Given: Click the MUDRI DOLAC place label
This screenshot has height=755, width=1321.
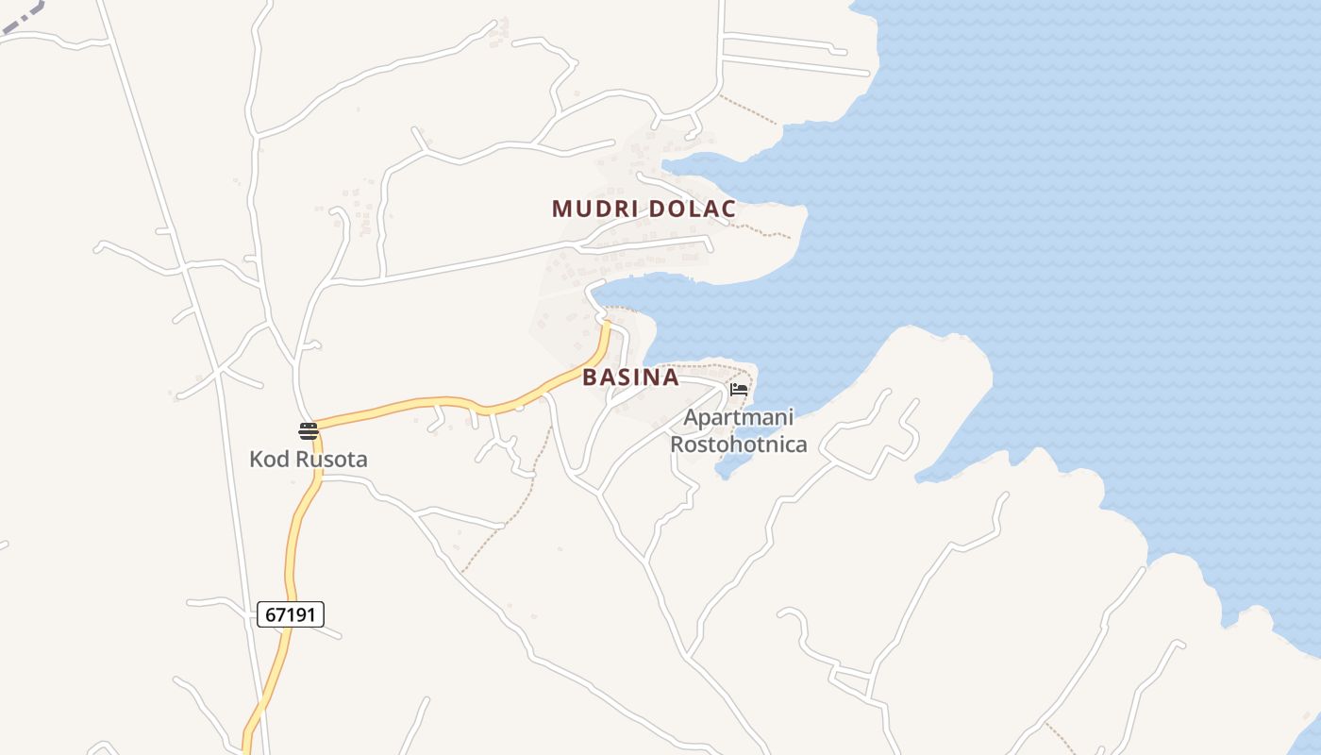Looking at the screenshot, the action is point(644,209).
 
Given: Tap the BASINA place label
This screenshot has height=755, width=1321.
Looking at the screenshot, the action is point(630,377).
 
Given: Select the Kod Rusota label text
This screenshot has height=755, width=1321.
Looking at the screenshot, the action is point(308,460).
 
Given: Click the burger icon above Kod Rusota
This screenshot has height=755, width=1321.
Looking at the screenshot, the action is point(308,431).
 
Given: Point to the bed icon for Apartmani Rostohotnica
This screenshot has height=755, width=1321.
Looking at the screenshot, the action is point(739,389).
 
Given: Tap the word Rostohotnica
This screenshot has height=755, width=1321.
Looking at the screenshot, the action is point(739,444).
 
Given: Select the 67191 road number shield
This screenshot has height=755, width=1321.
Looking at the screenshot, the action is point(291,614).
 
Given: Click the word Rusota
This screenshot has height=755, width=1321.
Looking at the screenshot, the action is point(330,460).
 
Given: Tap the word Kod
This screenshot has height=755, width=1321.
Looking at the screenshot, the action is point(267,460).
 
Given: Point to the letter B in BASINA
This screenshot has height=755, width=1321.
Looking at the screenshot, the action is point(590,377).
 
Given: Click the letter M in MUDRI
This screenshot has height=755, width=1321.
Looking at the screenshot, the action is point(560,209).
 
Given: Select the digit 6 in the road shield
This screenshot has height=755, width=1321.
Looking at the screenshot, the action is point(271,614).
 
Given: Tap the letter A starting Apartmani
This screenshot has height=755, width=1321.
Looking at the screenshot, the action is point(691,417).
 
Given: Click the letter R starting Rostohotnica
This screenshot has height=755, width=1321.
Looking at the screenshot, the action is point(677,444).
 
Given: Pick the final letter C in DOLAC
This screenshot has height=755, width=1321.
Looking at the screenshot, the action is point(728,209).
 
